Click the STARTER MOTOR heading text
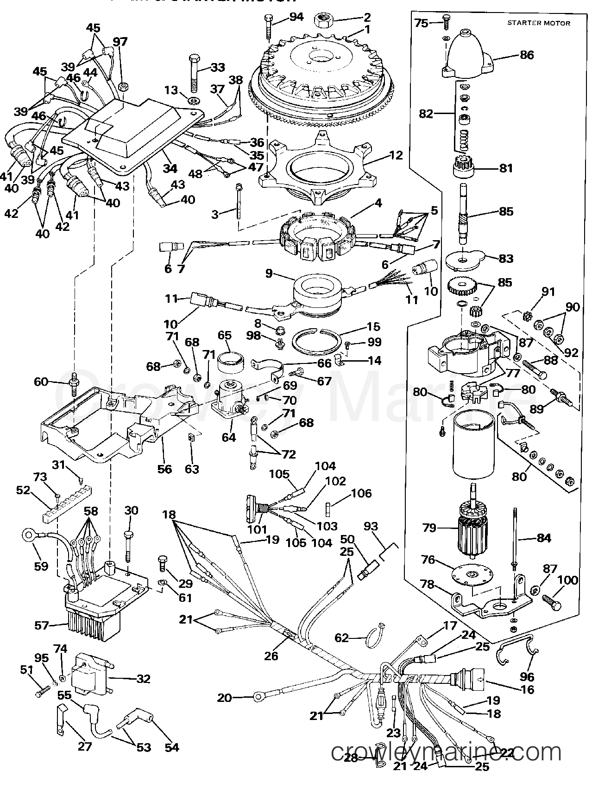coord(539,23)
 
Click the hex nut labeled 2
coord(321,20)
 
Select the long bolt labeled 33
coord(194,74)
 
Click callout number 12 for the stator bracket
coord(397,155)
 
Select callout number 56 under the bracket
coord(164,469)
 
